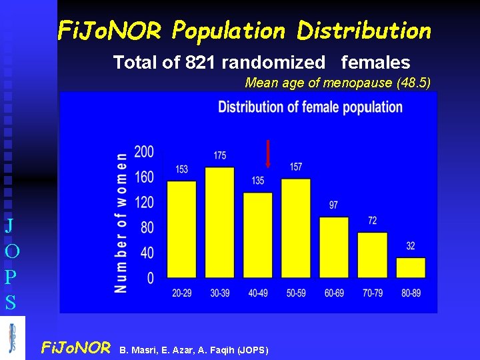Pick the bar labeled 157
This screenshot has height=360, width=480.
click(296, 227)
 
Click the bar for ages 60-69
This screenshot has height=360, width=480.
click(334, 247)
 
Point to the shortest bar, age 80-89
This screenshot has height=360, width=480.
click(411, 267)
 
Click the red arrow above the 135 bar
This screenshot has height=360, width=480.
click(267, 154)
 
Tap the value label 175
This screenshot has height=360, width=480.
click(220, 155)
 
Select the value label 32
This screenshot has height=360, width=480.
click(411, 246)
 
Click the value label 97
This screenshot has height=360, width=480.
click(333, 205)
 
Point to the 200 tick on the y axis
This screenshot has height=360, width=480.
click(144, 152)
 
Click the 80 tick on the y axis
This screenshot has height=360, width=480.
click(147, 227)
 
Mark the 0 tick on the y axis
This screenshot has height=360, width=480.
click(151, 277)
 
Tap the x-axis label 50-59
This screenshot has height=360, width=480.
click(296, 293)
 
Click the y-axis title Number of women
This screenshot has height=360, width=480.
click(121, 223)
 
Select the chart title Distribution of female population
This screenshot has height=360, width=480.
click(310, 107)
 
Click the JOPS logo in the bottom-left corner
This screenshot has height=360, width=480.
click(13, 338)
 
